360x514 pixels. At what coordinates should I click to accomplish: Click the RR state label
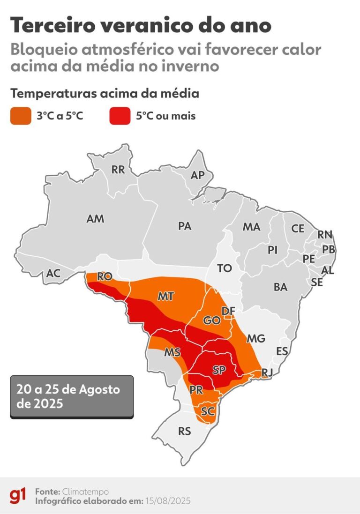coord(118,170)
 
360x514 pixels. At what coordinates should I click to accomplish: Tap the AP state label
coord(198,175)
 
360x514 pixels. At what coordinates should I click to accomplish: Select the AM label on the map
coord(96,219)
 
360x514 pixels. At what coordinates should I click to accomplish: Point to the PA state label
coord(185,226)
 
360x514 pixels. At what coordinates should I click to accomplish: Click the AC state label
coord(53,274)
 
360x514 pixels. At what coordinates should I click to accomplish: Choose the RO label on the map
coord(104,277)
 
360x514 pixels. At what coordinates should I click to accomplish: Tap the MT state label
coord(166,297)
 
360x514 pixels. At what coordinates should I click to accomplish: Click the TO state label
coord(225,268)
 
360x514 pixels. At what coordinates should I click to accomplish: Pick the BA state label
coord(280,287)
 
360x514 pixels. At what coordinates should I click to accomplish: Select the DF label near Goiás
coord(228,311)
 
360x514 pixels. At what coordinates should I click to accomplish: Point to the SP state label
coord(218,370)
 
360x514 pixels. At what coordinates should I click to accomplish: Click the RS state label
coord(185,431)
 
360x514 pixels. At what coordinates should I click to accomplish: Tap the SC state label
coord(208,411)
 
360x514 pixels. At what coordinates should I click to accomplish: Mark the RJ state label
coord(267,372)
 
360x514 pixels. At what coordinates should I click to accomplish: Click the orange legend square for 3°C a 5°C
coord(21,116)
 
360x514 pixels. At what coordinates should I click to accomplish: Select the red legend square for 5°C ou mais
coord(120,116)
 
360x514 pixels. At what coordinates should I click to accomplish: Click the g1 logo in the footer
coord(18,496)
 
